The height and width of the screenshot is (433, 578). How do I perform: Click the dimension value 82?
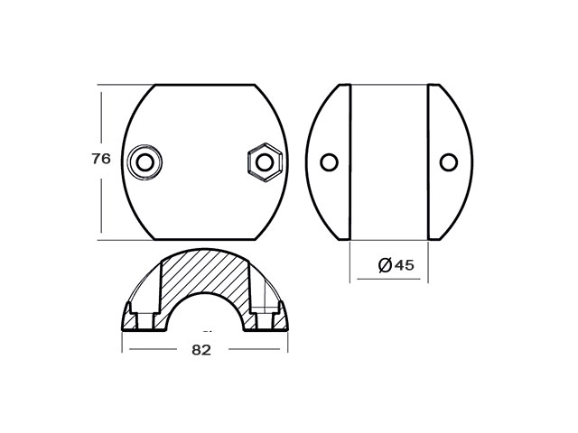point(201,351)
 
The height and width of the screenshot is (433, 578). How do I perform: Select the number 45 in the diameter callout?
point(403,265)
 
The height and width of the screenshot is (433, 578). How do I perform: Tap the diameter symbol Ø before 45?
point(384,265)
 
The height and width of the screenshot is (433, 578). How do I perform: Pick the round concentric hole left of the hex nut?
point(144,162)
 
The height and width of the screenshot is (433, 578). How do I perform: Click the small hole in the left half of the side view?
point(329,162)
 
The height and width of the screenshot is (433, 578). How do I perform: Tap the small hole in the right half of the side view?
point(448,162)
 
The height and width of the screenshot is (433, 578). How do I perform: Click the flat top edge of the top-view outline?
point(205,85)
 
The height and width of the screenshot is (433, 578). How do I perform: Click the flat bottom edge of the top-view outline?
point(205,239)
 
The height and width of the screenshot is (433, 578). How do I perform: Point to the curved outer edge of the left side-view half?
point(308,162)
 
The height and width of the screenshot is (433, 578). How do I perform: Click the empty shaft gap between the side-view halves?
point(388,162)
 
